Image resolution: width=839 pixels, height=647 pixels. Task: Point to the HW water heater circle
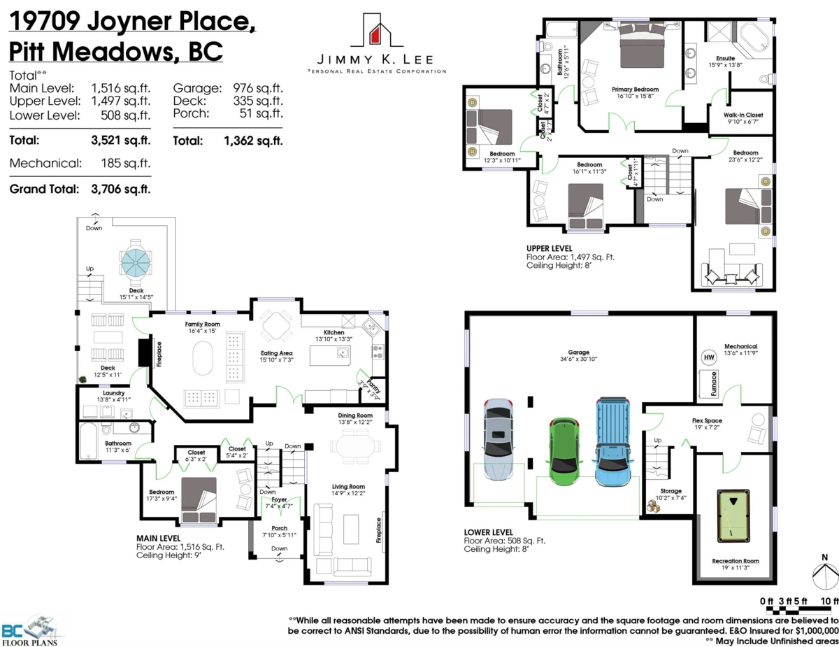pyautogui.click(x=708, y=357)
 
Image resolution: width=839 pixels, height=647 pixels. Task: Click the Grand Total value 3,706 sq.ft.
pyautogui.click(x=121, y=189)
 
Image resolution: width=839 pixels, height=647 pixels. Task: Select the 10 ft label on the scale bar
pyautogui.click(x=829, y=601)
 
